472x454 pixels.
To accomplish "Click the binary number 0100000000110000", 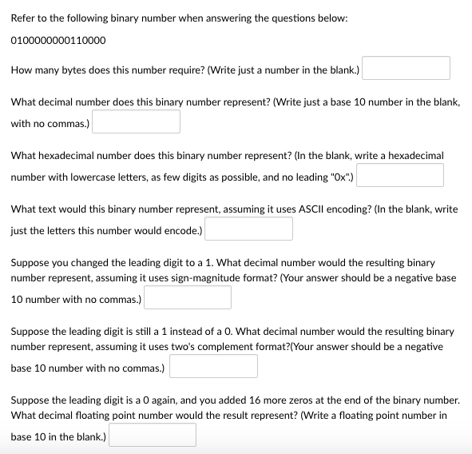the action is click(x=58, y=39).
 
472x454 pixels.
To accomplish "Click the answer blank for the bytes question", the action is click(x=406, y=69).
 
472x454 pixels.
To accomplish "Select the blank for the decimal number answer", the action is click(x=135, y=122).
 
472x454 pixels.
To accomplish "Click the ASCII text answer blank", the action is click(x=248, y=229).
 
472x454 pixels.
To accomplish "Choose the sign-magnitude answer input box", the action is click(x=188, y=298).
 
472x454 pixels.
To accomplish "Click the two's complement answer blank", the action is click(x=213, y=367).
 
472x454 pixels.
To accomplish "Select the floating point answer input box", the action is click(x=153, y=436).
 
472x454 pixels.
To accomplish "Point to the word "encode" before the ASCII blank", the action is click(x=180, y=229).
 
